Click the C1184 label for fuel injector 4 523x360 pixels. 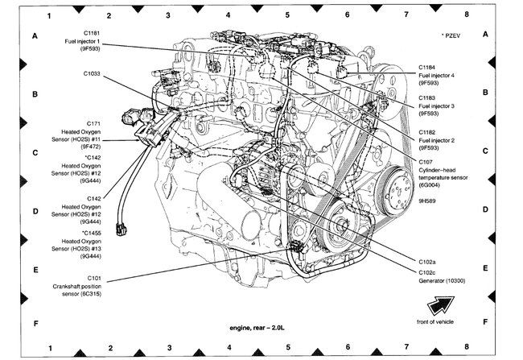(429, 67)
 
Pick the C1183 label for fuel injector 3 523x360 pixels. (429, 97)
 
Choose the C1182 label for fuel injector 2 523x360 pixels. (429, 131)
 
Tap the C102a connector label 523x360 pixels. (429, 261)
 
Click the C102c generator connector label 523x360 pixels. (429, 273)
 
